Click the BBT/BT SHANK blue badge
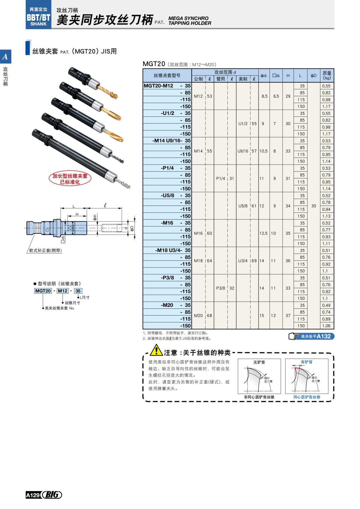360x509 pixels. point(38,17)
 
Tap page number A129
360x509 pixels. point(33,495)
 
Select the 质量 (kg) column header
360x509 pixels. point(327,75)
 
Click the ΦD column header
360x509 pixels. point(313,76)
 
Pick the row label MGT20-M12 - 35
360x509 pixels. point(167,86)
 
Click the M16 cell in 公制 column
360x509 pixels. point(198,233)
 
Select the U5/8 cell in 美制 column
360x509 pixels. point(243,206)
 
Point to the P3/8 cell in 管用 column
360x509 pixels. point(220,288)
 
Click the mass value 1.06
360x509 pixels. point(326,326)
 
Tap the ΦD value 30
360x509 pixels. point(313,206)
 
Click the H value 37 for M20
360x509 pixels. point(288,316)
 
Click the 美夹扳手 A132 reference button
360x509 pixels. point(311,337)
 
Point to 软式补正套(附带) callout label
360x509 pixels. point(45,250)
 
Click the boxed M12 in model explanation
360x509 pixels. point(62,291)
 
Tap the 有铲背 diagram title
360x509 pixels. point(306,362)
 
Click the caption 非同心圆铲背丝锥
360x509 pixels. point(259,397)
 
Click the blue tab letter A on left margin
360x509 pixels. point(5,57)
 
